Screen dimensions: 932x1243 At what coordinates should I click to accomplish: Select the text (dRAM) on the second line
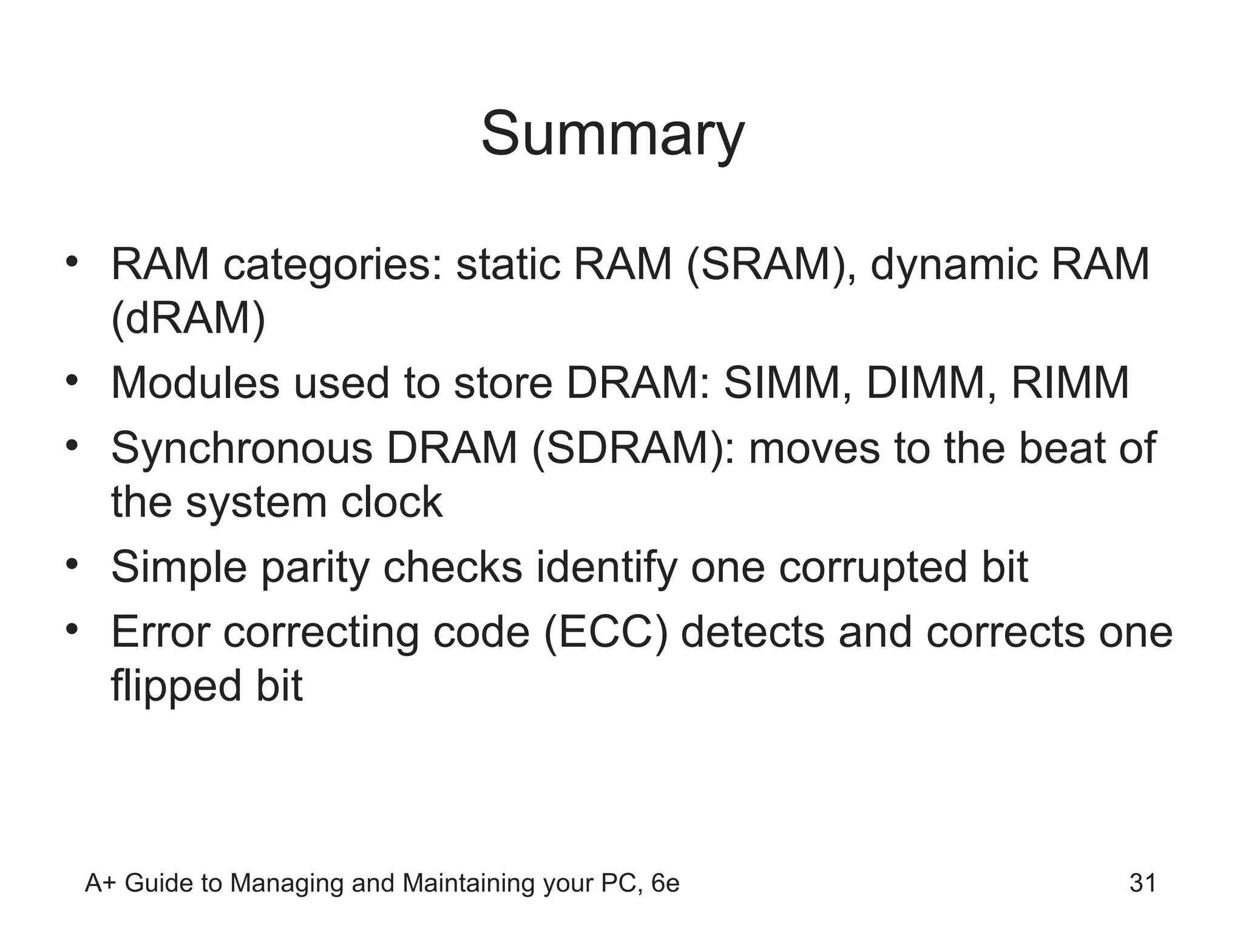(x=188, y=318)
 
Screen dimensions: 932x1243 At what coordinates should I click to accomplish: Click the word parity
(x=315, y=568)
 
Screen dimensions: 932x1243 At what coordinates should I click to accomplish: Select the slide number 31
(x=1142, y=883)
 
